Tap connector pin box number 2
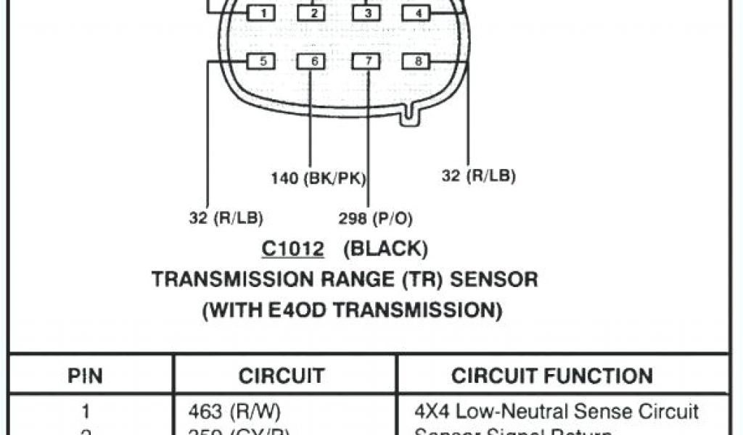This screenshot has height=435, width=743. pyautogui.click(x=313, y=13)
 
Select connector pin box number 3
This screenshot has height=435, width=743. pyautogui.click(x=367, y=13)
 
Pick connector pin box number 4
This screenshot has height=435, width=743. pyautogui.click(x=417, y=13)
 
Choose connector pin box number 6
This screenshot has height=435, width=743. pyautogui.click(x=313, y=62)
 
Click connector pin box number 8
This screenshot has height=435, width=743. pyautogui.click(x=417, y=62)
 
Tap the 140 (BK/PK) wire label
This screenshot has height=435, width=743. pyautogui.click(x=319, y=178)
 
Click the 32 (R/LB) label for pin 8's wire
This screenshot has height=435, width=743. pyautogui.click(x=479, y=176)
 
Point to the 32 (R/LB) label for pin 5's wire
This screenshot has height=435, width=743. pyautogui.click(x=226, y=218)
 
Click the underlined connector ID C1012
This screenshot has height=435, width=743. pyautogui.click(x=292, y=249)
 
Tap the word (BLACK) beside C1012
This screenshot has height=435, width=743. pyautogui.click(x=385, y=249)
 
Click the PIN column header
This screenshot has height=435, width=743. pyautogui.click(x=85, y=376)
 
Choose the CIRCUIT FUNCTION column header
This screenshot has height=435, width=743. pyautogui.click(x=552, y=376)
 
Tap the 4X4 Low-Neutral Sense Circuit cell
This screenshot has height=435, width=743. pyautogui.click(x=557, y=412)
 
